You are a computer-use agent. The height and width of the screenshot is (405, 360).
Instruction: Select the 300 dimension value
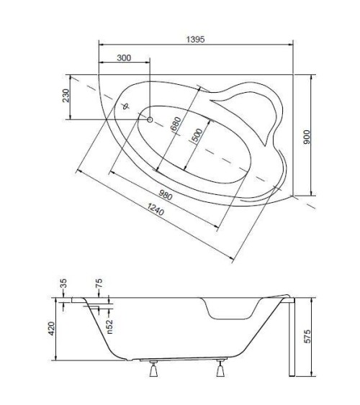123,58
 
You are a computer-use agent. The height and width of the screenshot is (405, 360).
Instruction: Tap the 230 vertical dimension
66,95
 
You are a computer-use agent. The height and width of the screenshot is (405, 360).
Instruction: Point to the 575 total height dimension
307,335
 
